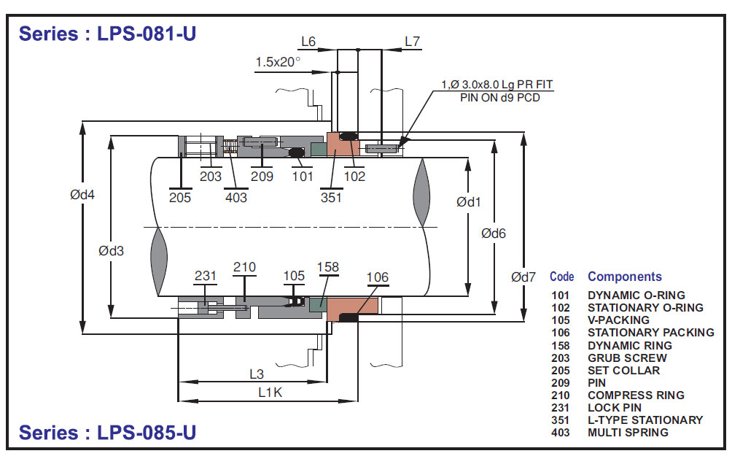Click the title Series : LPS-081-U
coord(107,34)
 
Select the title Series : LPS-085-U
coord(107,433)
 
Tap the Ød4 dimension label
coord(83,195)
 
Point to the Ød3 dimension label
coord(112,250)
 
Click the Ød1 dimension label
coord(469,201)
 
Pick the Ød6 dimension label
coord(494,233)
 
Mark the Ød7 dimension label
coord(523,277)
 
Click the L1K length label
coord(269,392)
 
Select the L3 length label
coord(256,374)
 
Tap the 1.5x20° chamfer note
coord(278,62)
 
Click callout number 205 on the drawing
coord(180,197)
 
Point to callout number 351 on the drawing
coord(331,197)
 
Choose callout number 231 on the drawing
coord(206,276)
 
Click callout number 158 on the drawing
coord(328,268)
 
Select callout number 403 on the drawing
coord(236,197)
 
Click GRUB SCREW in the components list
coord(627,358)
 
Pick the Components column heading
coord(625,277)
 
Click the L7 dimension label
coord(413,42)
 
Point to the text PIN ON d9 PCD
coord(499,98)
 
